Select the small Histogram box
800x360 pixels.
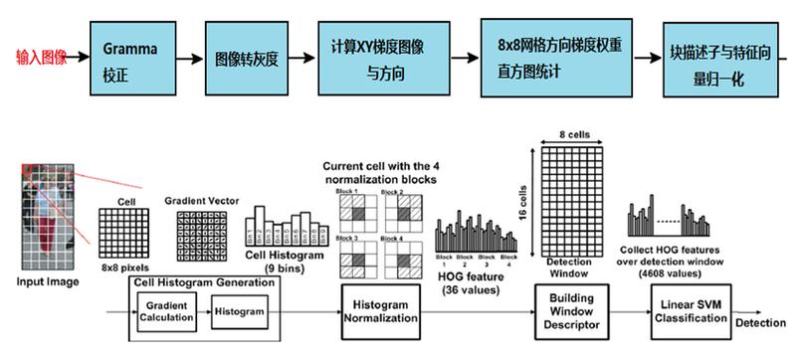[x=239, y=311]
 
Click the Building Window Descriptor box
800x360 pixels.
[x=569, y=310]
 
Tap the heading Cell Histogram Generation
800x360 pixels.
[x=208, y=282]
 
